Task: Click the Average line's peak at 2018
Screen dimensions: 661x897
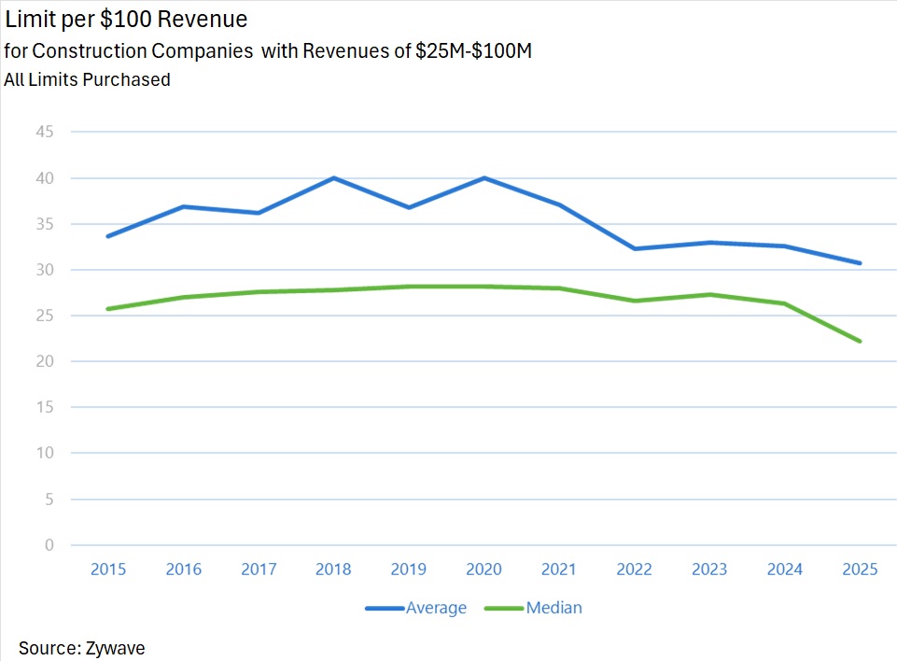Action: pos(334,177)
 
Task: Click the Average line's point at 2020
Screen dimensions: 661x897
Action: pos(484,177)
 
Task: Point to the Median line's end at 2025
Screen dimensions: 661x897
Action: pos(860,341)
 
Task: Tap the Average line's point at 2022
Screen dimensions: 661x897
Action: pos(635,248)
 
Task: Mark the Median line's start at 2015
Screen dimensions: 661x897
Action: pos(108,308)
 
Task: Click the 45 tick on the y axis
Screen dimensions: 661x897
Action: pos(45,132)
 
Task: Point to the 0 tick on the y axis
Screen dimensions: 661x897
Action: pos(49,545)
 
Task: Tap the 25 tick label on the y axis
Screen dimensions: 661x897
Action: pos(45,316)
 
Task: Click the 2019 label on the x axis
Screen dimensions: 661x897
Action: pos(409,570)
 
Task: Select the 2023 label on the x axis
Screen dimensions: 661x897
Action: pos(709,570)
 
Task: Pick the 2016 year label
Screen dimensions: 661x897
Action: pos(184,570)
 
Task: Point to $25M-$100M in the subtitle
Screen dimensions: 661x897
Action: pos(473,52)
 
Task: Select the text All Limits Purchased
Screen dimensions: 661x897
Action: pos(87,80)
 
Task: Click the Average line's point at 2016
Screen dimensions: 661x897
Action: pos(184,206)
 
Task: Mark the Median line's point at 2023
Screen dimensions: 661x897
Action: pos(709,294)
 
